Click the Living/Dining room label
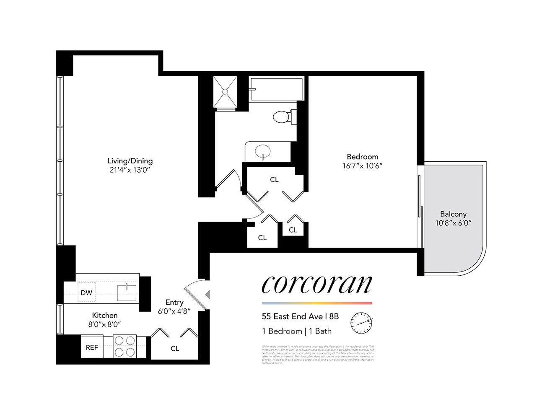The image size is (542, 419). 130,161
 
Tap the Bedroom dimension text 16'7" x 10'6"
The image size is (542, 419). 362,166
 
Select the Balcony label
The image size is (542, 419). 453,214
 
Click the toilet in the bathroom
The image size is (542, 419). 282,116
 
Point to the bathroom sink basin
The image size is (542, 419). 262,151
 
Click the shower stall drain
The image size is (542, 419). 225,91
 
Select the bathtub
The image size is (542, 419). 276,89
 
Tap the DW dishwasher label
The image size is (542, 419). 86,293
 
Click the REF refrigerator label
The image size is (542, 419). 92,347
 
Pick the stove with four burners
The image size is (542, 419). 125,347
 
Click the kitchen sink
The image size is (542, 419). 127,292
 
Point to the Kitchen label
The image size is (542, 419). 105,316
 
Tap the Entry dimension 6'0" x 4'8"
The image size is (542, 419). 174,311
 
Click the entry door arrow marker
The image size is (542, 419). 207,295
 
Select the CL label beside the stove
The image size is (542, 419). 175,349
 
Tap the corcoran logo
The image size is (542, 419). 316,285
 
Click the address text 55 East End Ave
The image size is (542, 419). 292,317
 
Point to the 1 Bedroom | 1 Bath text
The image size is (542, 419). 296,331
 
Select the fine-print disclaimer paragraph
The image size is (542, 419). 317,354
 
